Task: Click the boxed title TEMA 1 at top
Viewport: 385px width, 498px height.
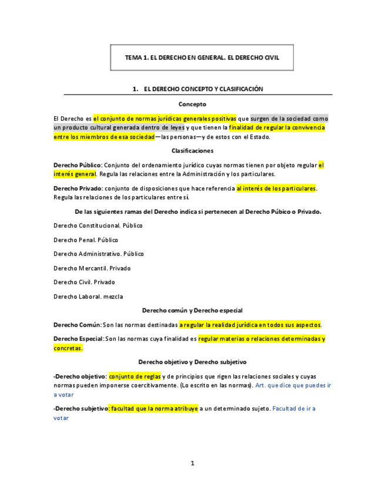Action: (x=202, y=58)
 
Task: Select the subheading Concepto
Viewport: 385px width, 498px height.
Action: (x=192, y=104)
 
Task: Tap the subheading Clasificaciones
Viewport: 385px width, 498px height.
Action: (x=192, y=151)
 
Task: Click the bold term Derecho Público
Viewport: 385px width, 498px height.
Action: (x=78, y=166)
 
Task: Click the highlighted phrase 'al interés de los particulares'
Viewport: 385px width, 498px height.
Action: (x=276, y=189)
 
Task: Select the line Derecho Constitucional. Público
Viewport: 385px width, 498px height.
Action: (x=98, y=226)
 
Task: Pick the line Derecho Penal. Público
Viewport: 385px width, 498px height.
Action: (x=85, y=240)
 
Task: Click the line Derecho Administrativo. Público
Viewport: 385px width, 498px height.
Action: (x=98, y=254)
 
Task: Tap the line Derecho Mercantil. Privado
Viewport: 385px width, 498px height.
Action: (x=92, y=268)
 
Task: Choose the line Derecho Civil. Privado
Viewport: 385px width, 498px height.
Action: (x=84, y=282)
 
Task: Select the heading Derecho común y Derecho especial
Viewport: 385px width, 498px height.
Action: (x=192, y=310)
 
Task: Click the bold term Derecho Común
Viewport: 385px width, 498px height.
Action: (x=77, y=325)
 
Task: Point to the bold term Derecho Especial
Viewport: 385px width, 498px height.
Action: (x=78, y=339)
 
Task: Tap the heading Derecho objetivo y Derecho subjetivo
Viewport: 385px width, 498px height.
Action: (x=192, y=362)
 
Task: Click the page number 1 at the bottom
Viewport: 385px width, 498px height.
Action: (x=192, y=463)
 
